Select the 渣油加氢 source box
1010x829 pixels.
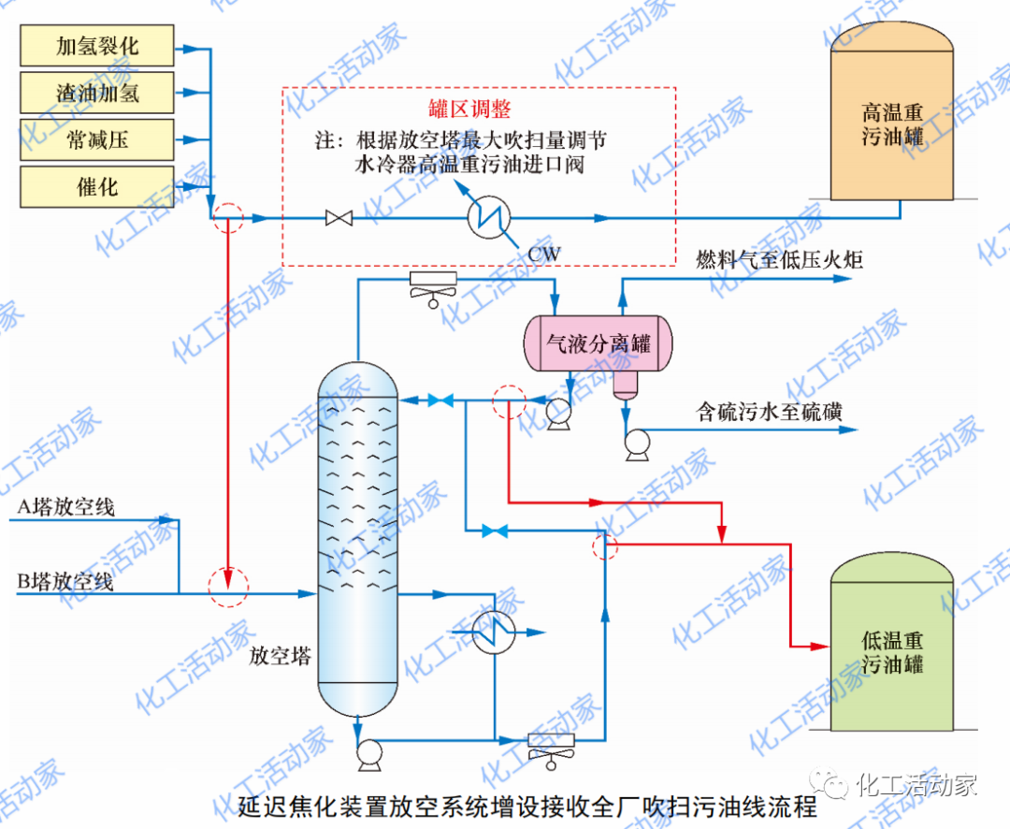[x=97, y=93]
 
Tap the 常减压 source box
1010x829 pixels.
[x=97, y=139]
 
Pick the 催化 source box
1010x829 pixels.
[x=97, y=186]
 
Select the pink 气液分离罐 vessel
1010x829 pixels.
[x=599, y=344]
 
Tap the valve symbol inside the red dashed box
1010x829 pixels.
[x=339, y=219]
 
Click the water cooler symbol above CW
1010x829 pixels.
[x=490, y=218]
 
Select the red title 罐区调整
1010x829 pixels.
[x=476, y=109]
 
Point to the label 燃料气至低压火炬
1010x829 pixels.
[x=779, y=260]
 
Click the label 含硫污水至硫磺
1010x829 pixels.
[x=769, y=411]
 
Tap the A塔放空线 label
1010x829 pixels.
[x=66, y=508]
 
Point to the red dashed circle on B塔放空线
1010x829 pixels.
[x=228, y=588]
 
